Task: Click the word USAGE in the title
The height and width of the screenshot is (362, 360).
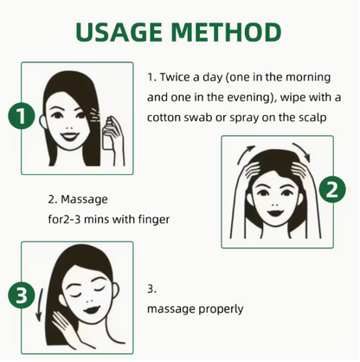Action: point(119,31)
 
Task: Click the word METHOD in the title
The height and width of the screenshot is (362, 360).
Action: point(227,31)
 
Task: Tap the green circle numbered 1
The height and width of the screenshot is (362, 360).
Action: point(22,117)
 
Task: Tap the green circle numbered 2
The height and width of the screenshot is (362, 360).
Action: point(332,190)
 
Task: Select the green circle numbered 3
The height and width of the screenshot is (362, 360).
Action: point(22,295)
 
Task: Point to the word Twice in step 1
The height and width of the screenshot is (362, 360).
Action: point(174,77)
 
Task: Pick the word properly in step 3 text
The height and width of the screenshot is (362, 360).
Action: point(222,309)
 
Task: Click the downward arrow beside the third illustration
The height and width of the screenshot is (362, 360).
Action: point(40,304)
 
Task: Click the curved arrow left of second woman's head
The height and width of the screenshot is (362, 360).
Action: point(244,154)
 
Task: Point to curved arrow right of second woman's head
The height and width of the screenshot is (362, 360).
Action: point(302,151)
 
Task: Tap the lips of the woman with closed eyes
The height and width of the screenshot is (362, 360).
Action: point(92,311)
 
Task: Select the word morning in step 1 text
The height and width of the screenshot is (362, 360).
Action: point(308,78)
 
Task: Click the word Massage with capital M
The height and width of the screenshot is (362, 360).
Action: point(84,199)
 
